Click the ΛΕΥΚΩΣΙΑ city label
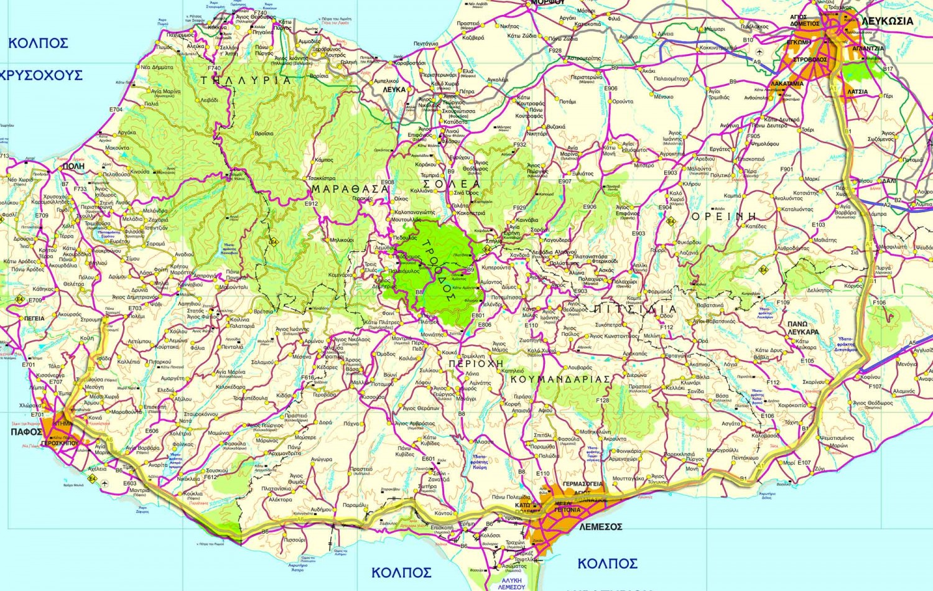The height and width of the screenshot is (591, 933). coord(887,21)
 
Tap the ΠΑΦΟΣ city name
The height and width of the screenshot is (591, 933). coord(26,432)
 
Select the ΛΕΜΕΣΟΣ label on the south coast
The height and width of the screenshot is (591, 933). coord(600,527)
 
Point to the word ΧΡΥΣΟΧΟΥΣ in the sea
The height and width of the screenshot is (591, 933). coord(42,75)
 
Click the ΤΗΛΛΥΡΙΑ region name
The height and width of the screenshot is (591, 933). coord(246,80)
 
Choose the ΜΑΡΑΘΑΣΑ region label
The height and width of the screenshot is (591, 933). coord(350,188)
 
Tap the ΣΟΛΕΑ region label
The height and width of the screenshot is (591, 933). coord(452,184)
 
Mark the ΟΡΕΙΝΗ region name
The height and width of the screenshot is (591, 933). coord(725,216)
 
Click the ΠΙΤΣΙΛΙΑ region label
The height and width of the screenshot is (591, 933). coord(635,309)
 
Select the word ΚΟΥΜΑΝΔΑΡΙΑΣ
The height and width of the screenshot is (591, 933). coord(560,378)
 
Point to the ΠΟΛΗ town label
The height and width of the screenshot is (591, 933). coord(73,167)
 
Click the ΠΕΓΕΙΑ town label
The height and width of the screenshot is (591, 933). coord(34,319)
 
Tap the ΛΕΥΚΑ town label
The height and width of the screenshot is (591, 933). coord(394,90)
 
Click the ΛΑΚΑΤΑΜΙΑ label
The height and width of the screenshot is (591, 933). coord(787,83)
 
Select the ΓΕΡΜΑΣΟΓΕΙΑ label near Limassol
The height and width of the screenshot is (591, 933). coord(583,484)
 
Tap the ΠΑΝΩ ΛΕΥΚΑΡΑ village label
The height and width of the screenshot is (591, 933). coord(803,328)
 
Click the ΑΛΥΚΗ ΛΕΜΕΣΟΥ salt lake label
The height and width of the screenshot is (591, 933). coord(511,583)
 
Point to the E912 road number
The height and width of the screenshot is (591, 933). coord(311,203)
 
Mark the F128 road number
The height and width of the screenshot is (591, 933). coord(602,401)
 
